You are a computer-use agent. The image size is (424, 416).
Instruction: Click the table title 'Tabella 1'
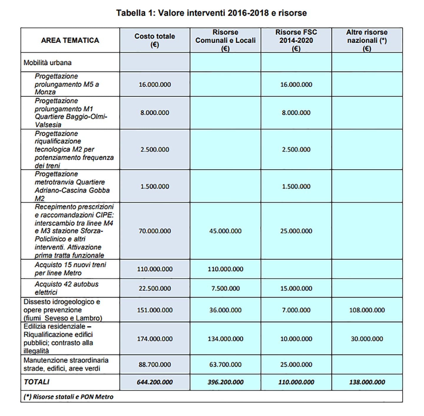[211, 13]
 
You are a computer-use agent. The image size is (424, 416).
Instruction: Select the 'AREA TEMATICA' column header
[70, 40]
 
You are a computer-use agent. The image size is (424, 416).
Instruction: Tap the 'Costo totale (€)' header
[155, 40]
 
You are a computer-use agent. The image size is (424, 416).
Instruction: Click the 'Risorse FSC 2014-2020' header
[296, 40]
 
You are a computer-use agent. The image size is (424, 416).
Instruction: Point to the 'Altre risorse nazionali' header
[367, 40]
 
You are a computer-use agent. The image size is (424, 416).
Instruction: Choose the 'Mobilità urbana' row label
[47, 62]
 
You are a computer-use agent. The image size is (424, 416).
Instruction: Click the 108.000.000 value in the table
[367, 310]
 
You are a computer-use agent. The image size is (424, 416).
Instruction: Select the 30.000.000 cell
[367, 339]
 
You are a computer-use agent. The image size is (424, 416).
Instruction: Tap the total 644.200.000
[155, 382]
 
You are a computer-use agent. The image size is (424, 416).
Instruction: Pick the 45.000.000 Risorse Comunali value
[225, 231]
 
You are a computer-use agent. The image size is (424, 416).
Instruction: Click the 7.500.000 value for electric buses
[225, 288]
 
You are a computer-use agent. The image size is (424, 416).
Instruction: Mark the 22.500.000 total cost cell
[155, 288]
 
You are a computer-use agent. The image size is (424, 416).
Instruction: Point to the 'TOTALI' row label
[37, 382]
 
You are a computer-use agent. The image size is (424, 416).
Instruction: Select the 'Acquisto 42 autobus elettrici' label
[66, 288]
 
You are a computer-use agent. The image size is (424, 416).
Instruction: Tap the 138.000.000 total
[367, 382]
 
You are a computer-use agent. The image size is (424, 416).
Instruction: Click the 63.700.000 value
[225, 364]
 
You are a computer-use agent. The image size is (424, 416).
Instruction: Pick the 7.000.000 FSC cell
[296, 310]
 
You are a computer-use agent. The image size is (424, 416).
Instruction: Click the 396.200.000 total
[225, 382]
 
